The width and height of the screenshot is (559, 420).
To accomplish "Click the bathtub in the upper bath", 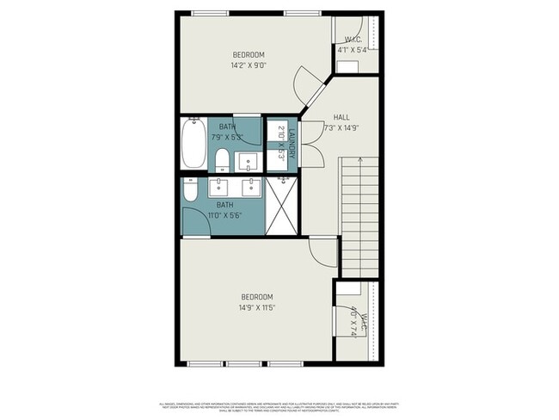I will [x=193, y=144].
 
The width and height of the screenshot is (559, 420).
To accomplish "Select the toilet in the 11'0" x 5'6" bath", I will [x=191, y=188].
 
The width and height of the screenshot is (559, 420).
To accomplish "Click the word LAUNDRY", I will [x=292, y=144].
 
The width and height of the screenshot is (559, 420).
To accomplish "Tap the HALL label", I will [x=341, y=117].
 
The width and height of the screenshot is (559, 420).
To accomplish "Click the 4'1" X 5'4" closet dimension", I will [x=353, y=50].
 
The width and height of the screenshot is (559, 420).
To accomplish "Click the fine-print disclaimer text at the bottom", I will [x=279, y=406].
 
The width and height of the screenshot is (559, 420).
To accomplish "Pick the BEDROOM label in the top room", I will [x=248, y=54].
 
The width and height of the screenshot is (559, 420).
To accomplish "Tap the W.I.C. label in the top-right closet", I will [x=353, y=39].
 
